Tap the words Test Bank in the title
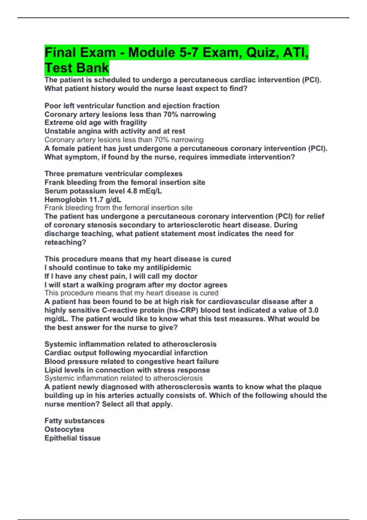(x=76, y=68)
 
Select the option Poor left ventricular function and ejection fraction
(x=132, y=106)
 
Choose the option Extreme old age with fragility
(x=95, y=123)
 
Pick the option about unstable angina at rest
(x=115, y=131)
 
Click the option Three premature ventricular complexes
(x=113, y=174)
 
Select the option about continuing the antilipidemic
(x=118, y=268)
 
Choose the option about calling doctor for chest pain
(x=121, y=276)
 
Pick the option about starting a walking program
(x=136, y=285)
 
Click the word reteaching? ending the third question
(x=65, y=242)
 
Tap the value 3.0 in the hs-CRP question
(x=313, y=310)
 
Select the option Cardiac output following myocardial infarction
(x=126, y=353)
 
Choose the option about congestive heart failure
(x=132, y=361)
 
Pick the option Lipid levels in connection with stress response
(x=127, y=370)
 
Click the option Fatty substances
(x=74, y=421)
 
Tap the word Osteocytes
(x=64, y=429)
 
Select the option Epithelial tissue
(x=72, y=438)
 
